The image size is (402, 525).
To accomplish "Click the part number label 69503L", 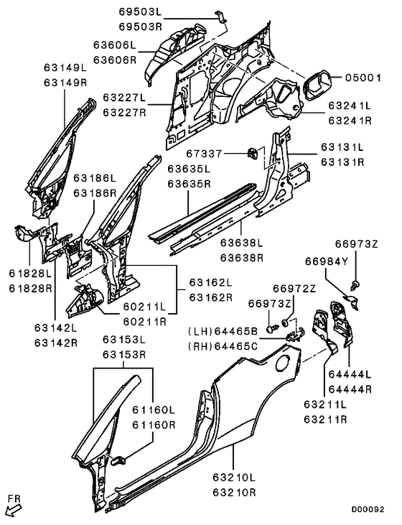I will pyautogui.click(x=140, y=12).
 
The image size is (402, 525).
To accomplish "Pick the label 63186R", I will pyautogui.click(x=94, y=193).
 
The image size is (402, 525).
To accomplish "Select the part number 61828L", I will pyautogui.click(x=30, y=274).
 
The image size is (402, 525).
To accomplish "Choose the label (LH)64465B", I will pyautogui.click(x=223, y=330).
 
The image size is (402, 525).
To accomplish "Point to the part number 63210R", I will pyautogui.click(x=234, y=493).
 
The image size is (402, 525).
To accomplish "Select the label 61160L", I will pyautogui.click(x=153, y=410).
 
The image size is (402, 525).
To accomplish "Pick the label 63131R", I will pyautogui.click(x=342, y=162).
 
